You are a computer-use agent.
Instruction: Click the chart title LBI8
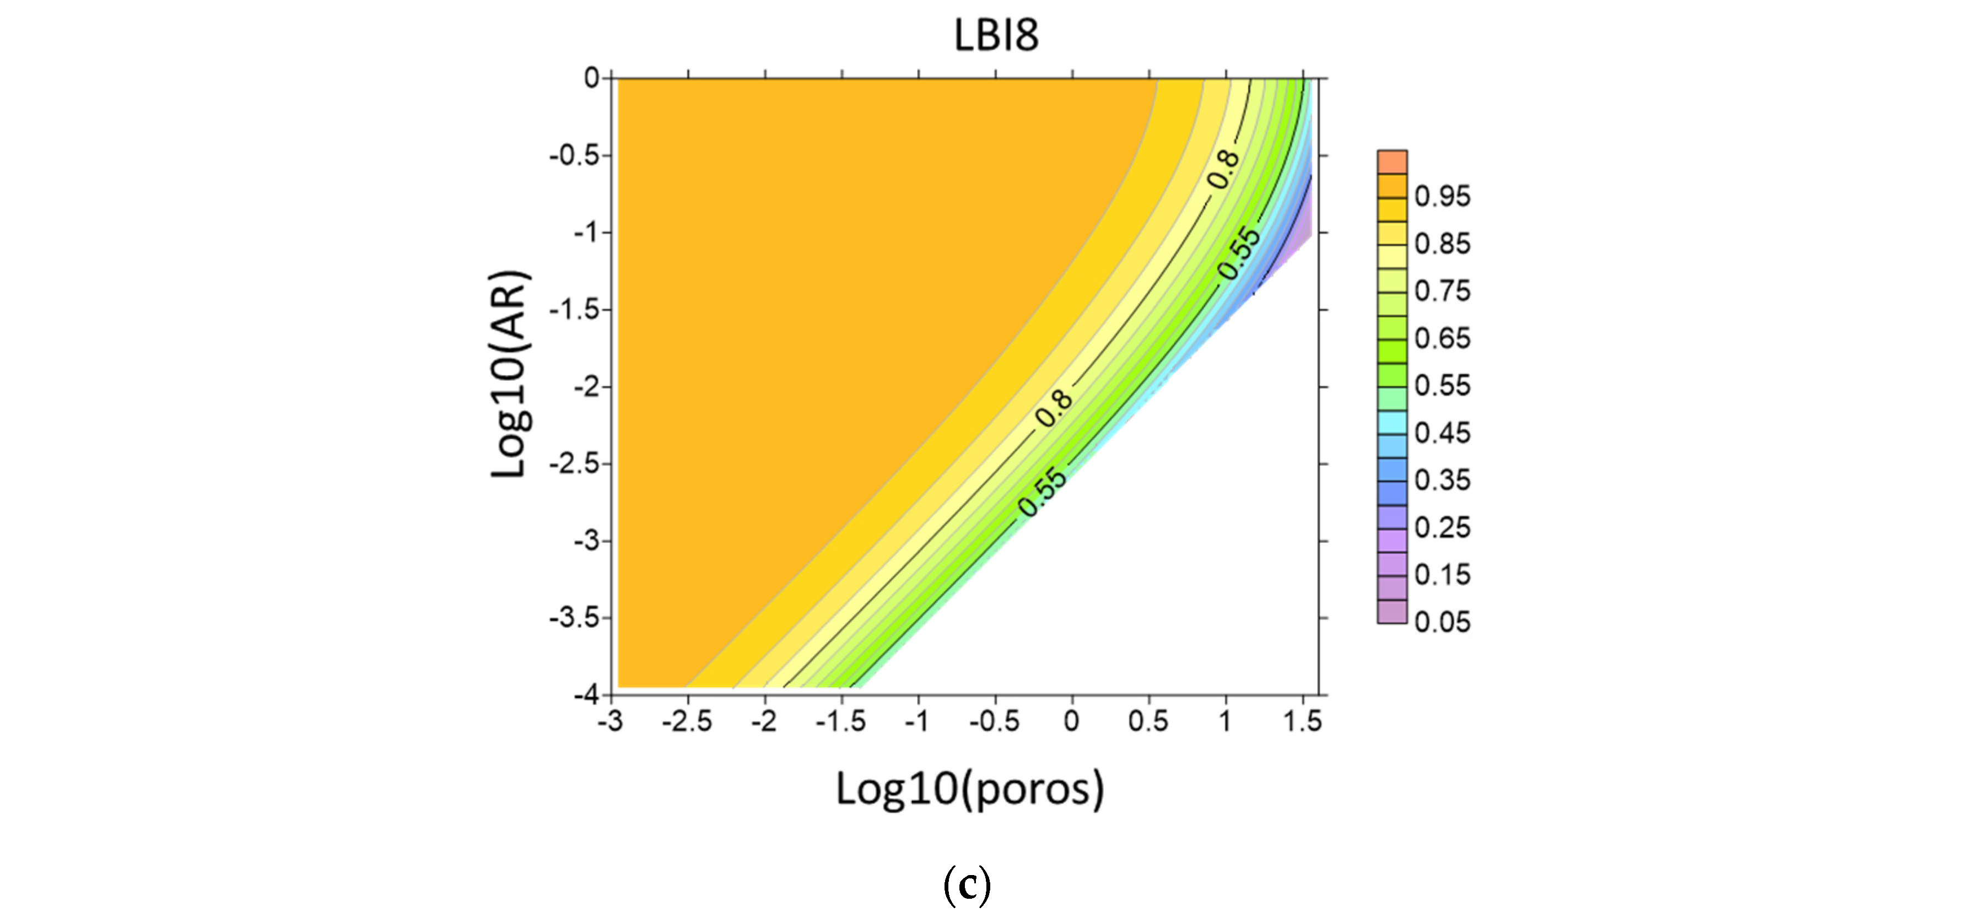click(995, 35)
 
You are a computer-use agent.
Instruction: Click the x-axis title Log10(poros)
click(970, 789)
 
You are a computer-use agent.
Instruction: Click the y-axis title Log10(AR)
click(510, 374)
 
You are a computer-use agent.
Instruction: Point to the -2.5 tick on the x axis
click(687, 721)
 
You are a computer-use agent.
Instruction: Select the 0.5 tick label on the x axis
click(1148, 721)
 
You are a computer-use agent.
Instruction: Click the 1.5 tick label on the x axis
click(1303, 721)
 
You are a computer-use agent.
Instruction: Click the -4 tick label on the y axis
click(588, 694)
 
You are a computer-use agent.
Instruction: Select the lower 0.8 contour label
click(1054, 408)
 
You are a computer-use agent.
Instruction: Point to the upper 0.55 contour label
click(1239, 253)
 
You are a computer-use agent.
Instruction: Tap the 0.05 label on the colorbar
click(1442, 622)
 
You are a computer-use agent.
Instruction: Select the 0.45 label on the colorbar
click(1442, 433)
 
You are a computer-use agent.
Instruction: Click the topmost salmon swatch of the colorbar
click(1391, 162)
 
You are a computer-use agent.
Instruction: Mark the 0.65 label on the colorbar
click(1442, 339)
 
